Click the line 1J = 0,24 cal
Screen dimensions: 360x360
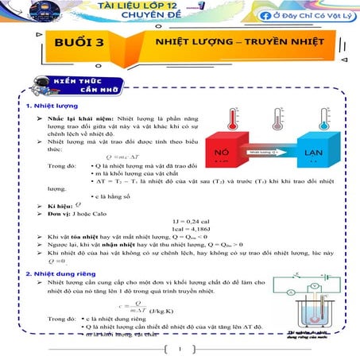(x=185, y=218)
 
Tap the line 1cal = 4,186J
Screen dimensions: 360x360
(x=187, y=227)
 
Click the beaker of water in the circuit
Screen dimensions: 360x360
(x=315, y=313)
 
